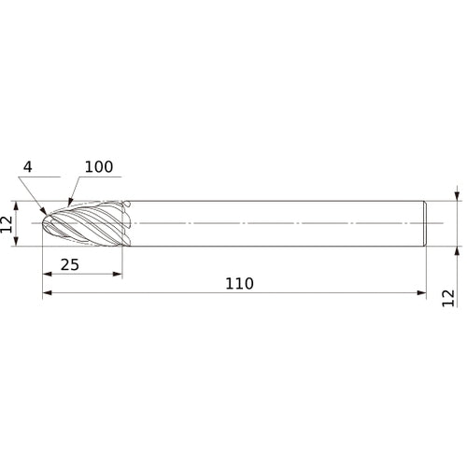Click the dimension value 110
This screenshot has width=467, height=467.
(x=239, y=284)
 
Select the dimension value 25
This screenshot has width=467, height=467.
(x=70, y=265)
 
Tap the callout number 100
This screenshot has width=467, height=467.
(x=99, y=167)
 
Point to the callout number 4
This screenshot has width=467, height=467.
(x=28, y=167)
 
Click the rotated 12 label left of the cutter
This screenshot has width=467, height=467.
(x=7, y=224)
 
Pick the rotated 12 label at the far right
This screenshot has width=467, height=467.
(x=448, y=298)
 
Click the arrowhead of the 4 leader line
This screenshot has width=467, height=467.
(x=44, y=211)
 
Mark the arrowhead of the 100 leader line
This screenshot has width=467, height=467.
(x=70, y=202)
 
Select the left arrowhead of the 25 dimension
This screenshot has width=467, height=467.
(x=47, y=274)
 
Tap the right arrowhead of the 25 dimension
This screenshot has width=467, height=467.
(x=118, y=274)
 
